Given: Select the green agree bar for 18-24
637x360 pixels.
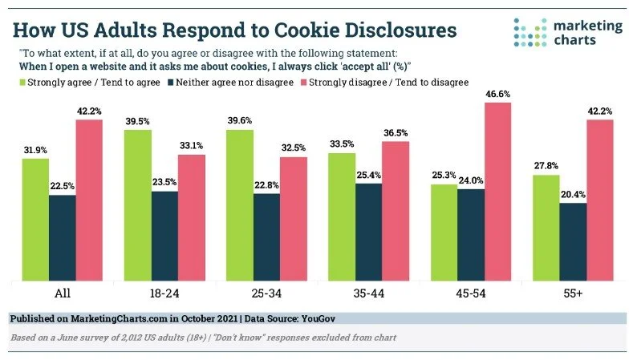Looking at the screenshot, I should pyautogui.click(x=138, y=204).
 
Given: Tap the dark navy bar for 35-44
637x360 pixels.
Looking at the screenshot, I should pyautogui.click(x=370, y=232).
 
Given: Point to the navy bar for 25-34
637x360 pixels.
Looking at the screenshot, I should pyautogui.click(x=267, y=237).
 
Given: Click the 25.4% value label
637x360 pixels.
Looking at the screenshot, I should pyautogui.click(x=370, y=176).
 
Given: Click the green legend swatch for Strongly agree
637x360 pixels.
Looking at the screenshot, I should pyautogui.click(x=22, y=82).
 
